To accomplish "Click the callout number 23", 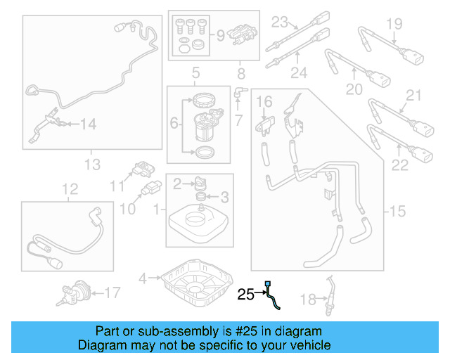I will point(281,20).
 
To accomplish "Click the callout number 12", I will point(68,188).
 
